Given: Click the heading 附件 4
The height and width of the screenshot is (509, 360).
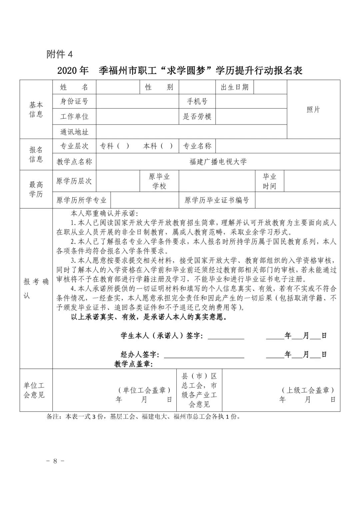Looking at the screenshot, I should click(x=59, y=54).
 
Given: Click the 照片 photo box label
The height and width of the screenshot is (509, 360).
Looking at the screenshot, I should click(x=313, y=110).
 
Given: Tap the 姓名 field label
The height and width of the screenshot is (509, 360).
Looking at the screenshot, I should click(x=74, y=87).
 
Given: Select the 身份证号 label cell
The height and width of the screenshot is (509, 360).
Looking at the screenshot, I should click(x=74, y=101).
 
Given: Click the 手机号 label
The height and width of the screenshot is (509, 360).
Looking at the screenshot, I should click(x=197, y=101).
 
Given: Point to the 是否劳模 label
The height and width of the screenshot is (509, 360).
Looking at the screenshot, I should click(x=197, y=117).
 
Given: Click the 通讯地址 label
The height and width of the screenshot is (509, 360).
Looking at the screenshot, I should click(x=74, y=132).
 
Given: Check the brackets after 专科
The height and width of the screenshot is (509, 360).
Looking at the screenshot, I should click(x=123, y=146).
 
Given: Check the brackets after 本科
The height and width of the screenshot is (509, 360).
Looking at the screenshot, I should click(x=167, y=146).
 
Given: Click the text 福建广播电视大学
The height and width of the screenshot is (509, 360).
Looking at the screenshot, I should click(x=218, y=162).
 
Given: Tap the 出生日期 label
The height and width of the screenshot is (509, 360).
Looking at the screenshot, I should click(x=235, y=87).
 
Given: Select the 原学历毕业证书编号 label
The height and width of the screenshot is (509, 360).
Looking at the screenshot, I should click(x=217, y=200).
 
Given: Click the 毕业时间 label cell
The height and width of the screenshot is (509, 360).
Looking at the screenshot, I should click(x=269, y=181).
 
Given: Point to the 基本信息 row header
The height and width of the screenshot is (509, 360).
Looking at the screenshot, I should click(x=36, y=109).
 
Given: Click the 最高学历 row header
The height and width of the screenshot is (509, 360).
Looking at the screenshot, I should click(x=36, y=189).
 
